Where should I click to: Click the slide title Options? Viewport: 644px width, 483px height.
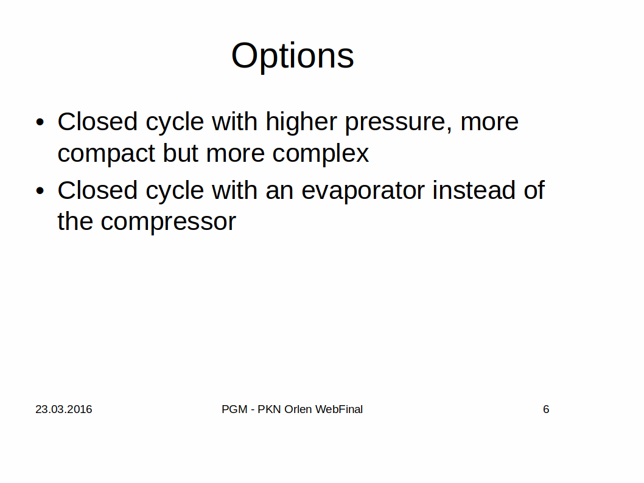click(x=292, y=56)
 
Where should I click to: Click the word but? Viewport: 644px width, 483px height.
click(x=181, y=153)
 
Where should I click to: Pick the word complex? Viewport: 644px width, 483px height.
click(x=320, y=154)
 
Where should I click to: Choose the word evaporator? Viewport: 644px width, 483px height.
click(x=363, y=192)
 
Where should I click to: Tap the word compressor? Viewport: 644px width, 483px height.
click(x=169, y=223)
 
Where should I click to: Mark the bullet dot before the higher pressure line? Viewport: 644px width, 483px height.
click(x=40, y=122)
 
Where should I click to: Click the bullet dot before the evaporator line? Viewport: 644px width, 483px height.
click(x=40, y=190)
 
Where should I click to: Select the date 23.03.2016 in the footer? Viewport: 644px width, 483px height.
click(x=64, y=409)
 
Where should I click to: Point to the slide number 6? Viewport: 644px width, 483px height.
click(x=546, y=409)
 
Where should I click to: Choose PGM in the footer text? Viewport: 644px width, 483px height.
click(x=234, y=409)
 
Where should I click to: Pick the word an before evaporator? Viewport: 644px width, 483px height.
click(x=280, y=192)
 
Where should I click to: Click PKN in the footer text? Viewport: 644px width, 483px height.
click(x=270, y=409)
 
